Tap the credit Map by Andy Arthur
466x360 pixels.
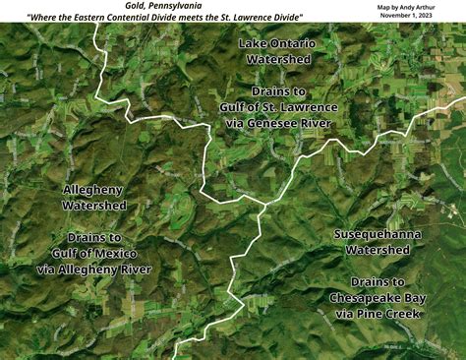point(413,7)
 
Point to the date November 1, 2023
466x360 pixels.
point(414,18)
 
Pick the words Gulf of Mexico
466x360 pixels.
point(93,253)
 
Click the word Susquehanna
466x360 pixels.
point(378,235)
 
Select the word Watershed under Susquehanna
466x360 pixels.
point(378,251)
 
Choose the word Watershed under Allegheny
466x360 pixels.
point(93,206)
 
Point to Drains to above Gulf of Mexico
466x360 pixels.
point(93,237)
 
